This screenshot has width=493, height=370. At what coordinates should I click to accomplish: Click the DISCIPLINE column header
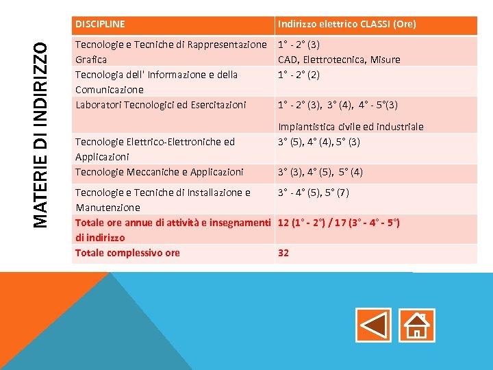tap(100, 24)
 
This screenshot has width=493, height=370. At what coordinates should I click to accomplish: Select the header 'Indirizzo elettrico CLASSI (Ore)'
tap(346, 25)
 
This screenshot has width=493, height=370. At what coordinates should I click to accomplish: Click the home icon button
tap(416, 325)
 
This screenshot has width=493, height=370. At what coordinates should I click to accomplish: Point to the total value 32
tap(283, 253)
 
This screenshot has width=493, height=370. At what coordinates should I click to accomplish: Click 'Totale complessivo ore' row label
tap(127, 253)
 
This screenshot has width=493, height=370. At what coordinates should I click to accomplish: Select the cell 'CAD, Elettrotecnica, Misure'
tap(339, 60)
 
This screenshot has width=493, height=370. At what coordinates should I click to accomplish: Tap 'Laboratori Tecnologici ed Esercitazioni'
tap(160, 105)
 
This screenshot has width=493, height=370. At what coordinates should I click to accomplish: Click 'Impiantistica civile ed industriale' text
tap(351, 127)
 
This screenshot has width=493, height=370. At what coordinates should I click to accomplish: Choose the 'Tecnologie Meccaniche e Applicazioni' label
tap(159, 172)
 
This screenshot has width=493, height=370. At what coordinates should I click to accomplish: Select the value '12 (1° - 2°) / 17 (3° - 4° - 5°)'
tap(339, 223)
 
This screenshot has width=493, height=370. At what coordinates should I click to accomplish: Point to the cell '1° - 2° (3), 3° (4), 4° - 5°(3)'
tap(338, 105)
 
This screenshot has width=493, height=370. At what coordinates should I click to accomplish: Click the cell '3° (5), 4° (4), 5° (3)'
tap(319, 142)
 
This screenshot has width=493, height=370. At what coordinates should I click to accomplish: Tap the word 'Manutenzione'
tap(108, 207)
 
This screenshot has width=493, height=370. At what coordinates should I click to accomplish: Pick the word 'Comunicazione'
tap(110, 90)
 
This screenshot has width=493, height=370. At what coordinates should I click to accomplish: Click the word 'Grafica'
tap(91, 60)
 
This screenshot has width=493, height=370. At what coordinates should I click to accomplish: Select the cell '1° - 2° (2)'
tap(299, 75)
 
